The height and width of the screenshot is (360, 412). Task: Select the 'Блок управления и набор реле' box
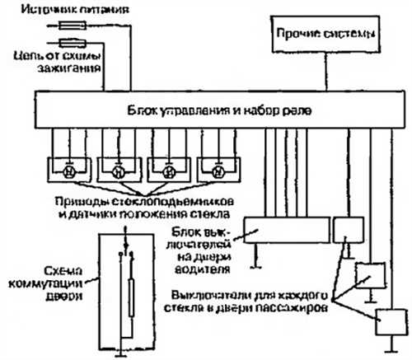pos(218,109)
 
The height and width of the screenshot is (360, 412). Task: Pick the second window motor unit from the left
pos(117,171)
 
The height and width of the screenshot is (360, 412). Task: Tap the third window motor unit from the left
pos(168,171)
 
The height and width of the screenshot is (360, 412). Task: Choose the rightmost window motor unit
pos(218,171)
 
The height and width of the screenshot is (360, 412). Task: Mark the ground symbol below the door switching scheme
pos(124,350)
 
